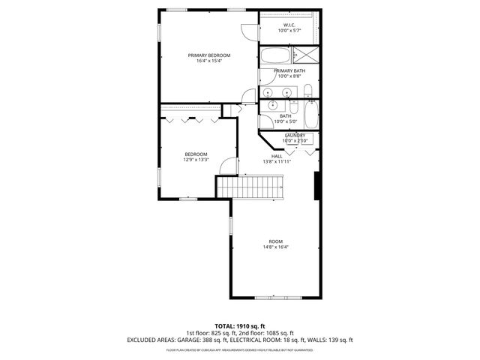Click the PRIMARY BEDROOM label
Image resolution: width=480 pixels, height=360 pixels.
pos(208,55)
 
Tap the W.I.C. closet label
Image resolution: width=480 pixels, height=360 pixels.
pos(289,25)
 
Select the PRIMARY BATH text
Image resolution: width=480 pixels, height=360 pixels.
pos(289,70)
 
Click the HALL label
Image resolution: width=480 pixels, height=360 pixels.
pos(277,156)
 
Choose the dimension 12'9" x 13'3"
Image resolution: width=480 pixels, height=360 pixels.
pos(195,160)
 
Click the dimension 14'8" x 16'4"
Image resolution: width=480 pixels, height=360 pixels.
pos(275,247)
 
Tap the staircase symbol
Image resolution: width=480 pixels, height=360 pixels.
pos(250,187)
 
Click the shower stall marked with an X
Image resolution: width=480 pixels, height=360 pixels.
pos(305,55)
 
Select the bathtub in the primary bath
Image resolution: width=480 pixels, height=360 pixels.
pos(274,55)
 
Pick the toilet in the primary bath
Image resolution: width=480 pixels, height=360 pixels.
pos(308,93)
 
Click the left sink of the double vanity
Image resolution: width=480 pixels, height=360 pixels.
pos(268,93)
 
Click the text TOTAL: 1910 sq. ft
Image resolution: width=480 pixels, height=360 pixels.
pos(239,327)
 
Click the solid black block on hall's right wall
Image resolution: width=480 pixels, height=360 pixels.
pos(317,185)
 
